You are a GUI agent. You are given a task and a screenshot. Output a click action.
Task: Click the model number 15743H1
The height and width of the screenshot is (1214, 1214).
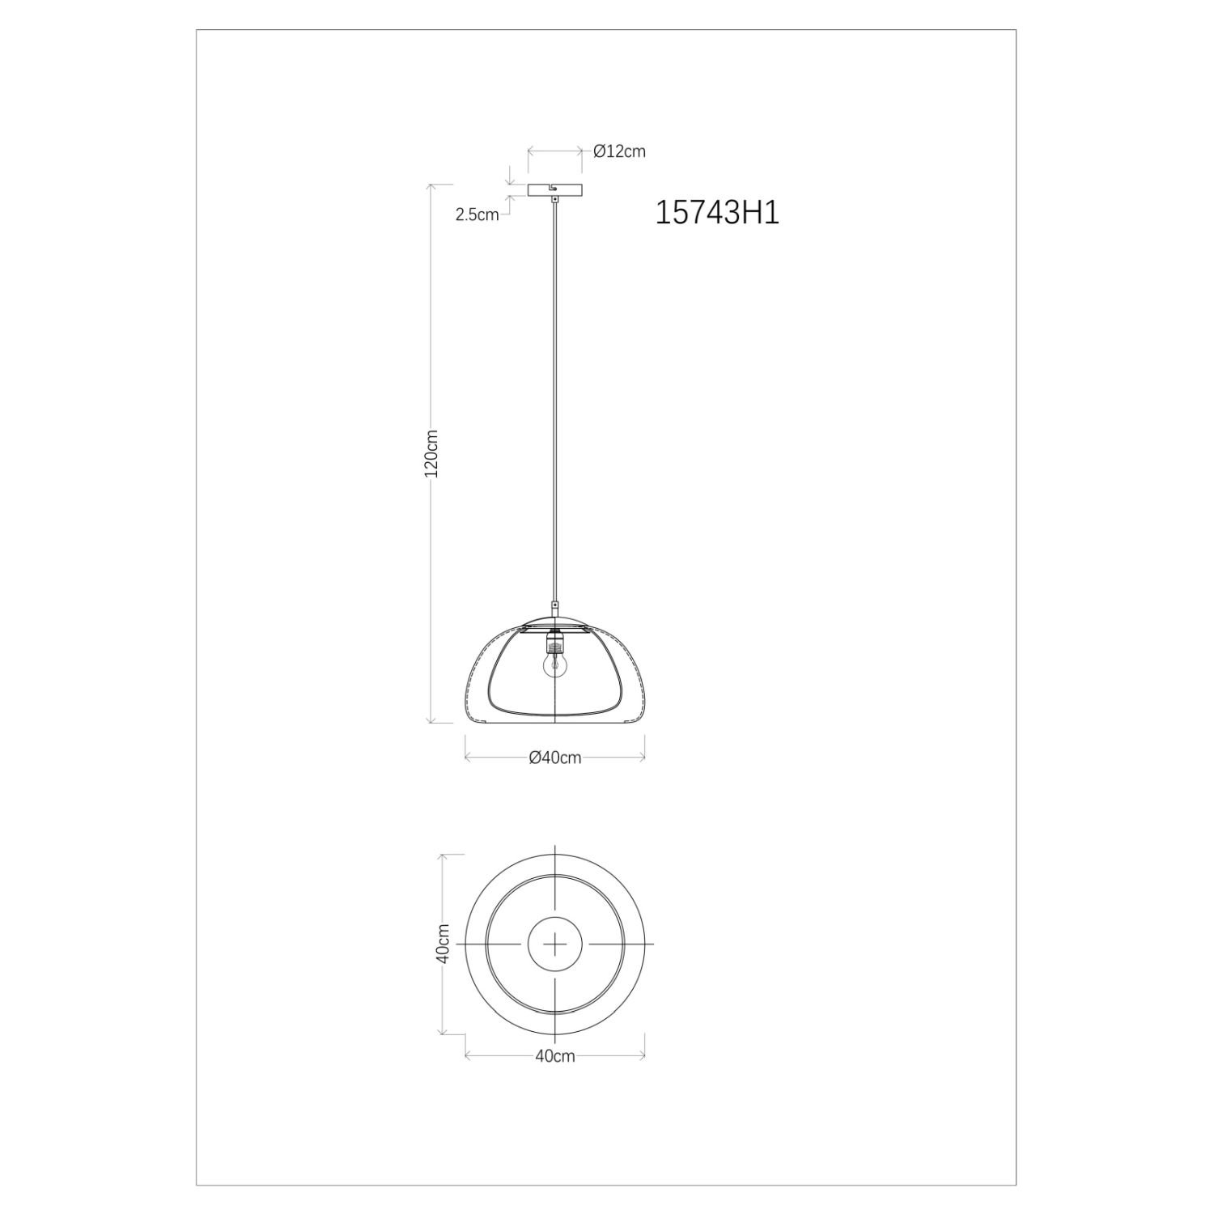tap(716, 213)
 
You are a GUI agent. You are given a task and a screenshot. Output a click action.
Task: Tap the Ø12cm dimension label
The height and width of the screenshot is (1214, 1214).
tap(619, 151)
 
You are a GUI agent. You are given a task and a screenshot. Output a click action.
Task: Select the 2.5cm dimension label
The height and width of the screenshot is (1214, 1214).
tap(477, 215)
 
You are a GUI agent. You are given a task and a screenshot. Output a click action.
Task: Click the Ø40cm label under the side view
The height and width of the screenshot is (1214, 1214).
tap(554, 758)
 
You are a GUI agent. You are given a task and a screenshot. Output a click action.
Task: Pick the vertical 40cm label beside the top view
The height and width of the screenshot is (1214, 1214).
tap(442, 944)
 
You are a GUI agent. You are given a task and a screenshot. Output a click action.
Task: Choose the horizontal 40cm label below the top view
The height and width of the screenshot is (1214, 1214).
tap(554, 1056)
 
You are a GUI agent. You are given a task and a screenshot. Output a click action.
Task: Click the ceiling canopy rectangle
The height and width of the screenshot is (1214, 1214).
tap(554, 190)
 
